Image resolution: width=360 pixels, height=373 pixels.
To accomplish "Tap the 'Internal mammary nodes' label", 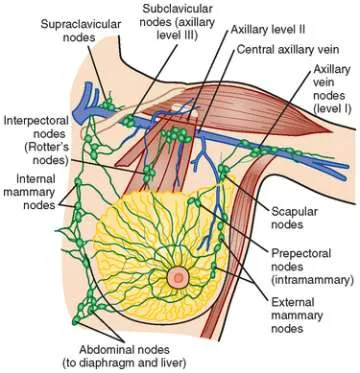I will tap(29, 193).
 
